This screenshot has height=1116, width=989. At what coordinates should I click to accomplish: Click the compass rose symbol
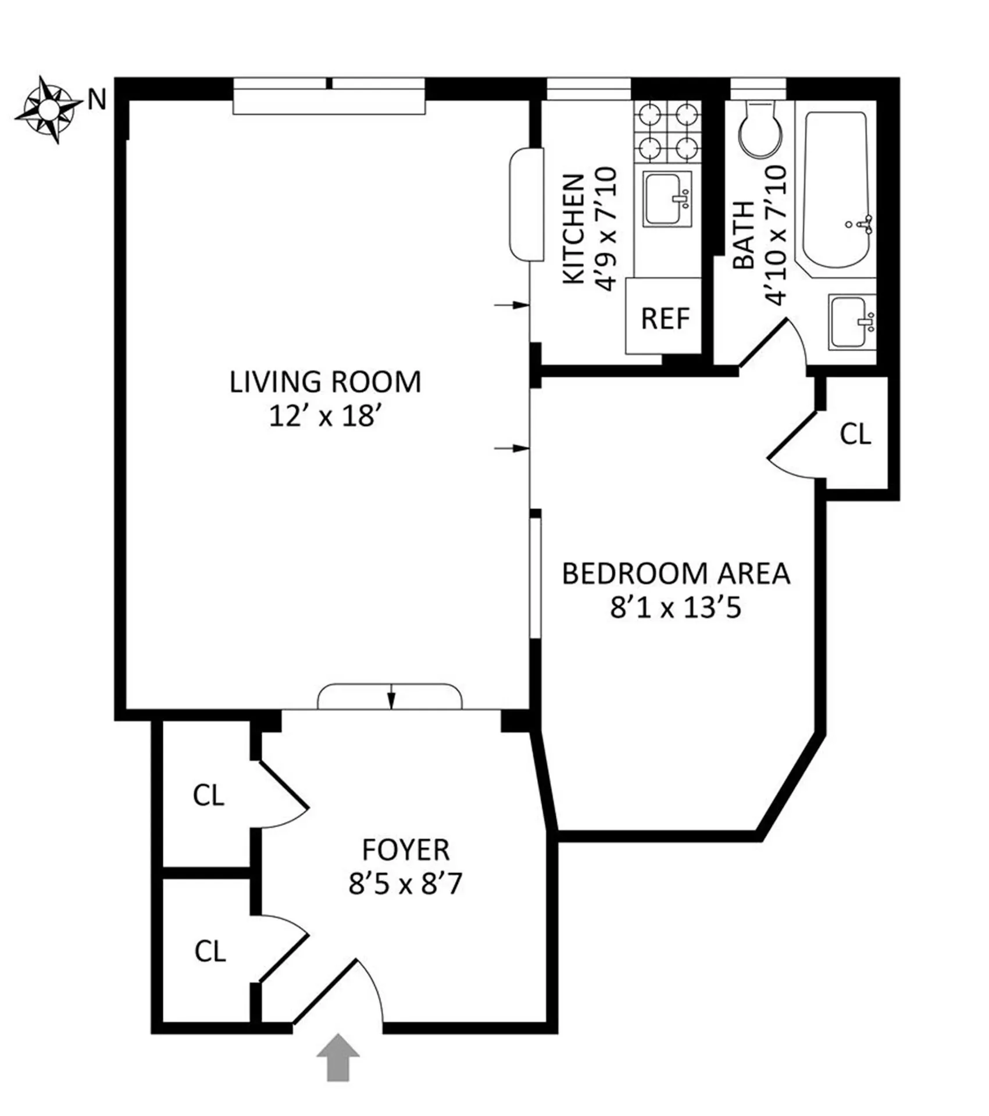coord(49,109)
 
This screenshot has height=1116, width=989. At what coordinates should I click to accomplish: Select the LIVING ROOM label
coord(325,382)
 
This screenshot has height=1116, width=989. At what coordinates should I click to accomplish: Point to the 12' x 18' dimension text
coord(325,416)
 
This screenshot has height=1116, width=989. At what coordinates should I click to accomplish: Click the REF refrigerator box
coord(664,318)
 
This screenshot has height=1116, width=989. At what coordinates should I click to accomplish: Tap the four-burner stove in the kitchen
coord(667,131)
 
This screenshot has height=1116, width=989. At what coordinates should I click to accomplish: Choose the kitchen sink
coord(667,198)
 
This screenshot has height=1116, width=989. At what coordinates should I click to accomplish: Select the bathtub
coord(837,189)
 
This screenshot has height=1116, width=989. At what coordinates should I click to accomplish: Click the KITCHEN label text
coord(574,230)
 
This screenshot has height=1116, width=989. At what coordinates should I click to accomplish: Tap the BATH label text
coord(742,235)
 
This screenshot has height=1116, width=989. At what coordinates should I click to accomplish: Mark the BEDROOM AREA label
coord(676,574)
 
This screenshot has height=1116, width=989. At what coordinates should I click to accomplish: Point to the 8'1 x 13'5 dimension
coord(676,608)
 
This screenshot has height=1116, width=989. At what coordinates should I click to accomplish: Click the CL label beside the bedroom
coord(855,434)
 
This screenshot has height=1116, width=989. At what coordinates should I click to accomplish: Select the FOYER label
coord(406,850)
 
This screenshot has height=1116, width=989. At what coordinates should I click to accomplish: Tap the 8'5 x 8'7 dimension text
coord(405,884)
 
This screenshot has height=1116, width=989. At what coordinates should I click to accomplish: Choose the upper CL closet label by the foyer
coord(209,795)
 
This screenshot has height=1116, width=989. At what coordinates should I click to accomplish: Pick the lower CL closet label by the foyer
coord(210,951)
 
